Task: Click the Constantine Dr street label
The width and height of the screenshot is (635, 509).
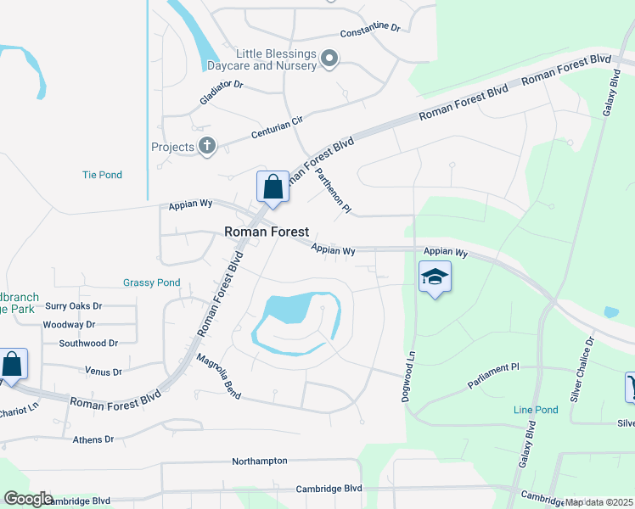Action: click(x=369, y=31)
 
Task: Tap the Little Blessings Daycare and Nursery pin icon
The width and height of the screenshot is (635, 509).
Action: click(x=331, y=59)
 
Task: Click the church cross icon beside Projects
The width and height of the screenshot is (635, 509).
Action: click(x=206, y=146)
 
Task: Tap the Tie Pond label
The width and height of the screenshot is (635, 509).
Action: click(x=102, y=175)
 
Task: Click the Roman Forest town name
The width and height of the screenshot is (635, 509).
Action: click(x=266, y=231)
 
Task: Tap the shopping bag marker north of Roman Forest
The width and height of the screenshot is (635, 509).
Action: click(x=273, y=187)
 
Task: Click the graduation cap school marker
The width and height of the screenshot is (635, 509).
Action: click(x=435, y=277)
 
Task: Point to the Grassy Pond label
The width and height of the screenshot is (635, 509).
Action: click(x=151, y=282)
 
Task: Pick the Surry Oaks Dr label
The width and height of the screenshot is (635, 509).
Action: click(x=73, y=305)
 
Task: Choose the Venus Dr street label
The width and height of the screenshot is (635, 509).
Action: click(x=104, y=372)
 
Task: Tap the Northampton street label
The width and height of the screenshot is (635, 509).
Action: click(x=259, y=461)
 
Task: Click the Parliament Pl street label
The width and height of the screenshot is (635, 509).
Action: click(x=492, y=377)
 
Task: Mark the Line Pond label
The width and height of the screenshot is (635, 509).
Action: click(x=536, y=410)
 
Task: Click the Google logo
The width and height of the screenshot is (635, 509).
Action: click(x=27, y=499)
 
